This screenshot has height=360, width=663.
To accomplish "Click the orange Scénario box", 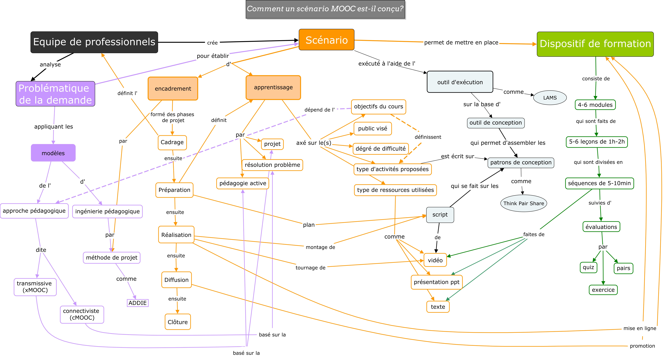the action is [x=326, y=40].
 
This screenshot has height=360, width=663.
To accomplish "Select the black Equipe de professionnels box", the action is [x=94, y=42].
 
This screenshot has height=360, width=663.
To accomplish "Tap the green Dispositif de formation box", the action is [x=595, y=44].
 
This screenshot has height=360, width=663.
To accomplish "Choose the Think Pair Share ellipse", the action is [x=524, y=203].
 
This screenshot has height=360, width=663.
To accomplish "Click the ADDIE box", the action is [x=138, y=303].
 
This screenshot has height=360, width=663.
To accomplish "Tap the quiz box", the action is [x=588, y=267].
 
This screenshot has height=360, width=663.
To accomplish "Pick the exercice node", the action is [x=603, y=290].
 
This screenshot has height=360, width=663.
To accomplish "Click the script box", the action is [x=440, y=215].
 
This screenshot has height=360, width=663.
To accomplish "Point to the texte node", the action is [x=438, y=307].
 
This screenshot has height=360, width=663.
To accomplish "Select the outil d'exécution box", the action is [x=460, y=82].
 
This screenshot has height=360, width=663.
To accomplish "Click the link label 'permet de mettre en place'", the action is [x=461, y=42].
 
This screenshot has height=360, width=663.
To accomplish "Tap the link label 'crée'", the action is [x=212, y=43].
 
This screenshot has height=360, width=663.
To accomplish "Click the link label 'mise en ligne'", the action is [x=640, y=328].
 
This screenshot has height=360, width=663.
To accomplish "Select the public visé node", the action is [x=372, y=128].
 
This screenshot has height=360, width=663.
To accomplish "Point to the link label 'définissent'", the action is [x=428, y=137].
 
